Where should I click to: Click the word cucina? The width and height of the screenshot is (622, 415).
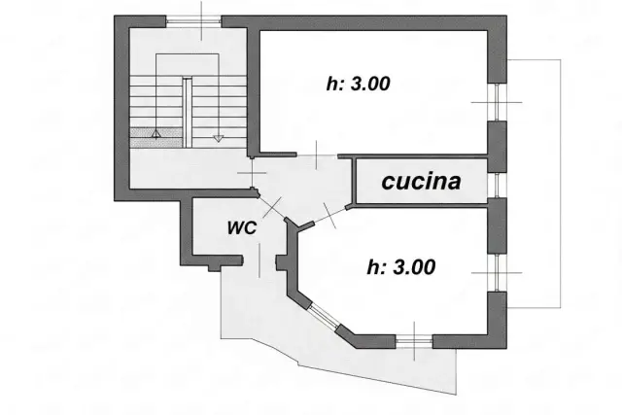click(x=421, y=182)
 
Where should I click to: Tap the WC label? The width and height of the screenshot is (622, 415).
click(x=242, y=227)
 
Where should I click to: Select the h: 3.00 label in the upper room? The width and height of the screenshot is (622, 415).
click(x=359, y=84)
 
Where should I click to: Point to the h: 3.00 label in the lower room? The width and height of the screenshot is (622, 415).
click(x=401, y=267)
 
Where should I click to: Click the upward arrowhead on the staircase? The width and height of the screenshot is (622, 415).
click(x=155, y=134)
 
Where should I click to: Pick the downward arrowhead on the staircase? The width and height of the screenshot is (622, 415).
click(x=218, y=138)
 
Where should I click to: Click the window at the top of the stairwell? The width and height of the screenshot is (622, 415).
click(x=193, y=21)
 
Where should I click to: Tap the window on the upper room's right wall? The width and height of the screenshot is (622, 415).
click(x=498, y=102)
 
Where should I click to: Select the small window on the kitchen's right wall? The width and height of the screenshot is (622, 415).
click(x=498, y=186)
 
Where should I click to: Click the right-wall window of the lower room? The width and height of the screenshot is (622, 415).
click(x=498, y=272)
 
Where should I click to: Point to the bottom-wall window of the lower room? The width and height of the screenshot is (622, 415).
click(x=414, y=341)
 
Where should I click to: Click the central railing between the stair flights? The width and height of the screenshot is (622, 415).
click(x=188, y=113)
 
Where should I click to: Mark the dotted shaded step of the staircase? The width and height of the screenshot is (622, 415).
click(x=156, y=138)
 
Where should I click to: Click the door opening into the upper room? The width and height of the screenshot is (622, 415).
click(x=317, y=156)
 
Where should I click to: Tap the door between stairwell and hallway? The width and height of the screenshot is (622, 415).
click(x=253, y=173)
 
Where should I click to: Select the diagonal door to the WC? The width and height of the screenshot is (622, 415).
click(x=272, y=208)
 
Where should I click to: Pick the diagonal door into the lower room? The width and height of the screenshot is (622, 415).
click(x=330, y=216)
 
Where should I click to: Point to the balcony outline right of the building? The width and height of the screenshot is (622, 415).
click(x=560, y=184)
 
